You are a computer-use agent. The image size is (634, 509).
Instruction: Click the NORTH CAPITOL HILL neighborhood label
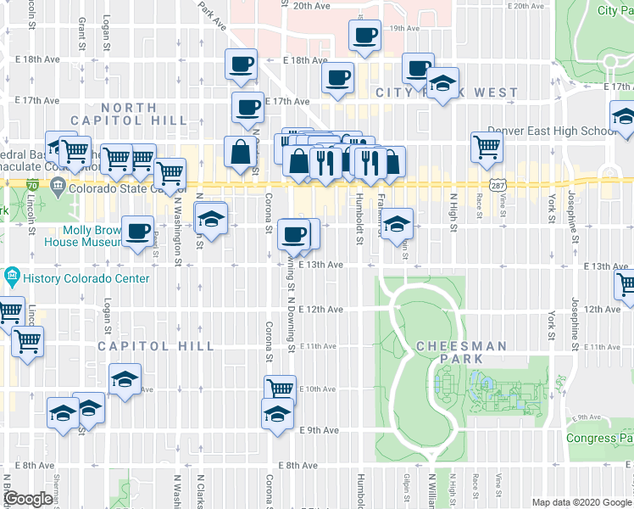[x=142, y=114]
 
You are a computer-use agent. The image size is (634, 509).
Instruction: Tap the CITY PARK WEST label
[x=447, y=92]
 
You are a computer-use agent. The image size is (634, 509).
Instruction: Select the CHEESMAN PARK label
[x=461, y=347]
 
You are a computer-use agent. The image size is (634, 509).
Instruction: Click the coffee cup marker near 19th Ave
[x=365, y=36]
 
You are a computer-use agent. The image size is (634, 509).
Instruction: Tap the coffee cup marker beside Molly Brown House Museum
[x=137, y=231]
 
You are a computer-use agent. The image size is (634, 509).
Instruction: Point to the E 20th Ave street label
[x=310, y=6]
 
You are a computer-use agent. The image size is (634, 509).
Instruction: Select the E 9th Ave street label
[x=320, y=430]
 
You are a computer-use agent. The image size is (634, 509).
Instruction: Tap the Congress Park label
[x=599, y=439]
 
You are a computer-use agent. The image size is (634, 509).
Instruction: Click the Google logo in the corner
[x=28, y=499]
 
